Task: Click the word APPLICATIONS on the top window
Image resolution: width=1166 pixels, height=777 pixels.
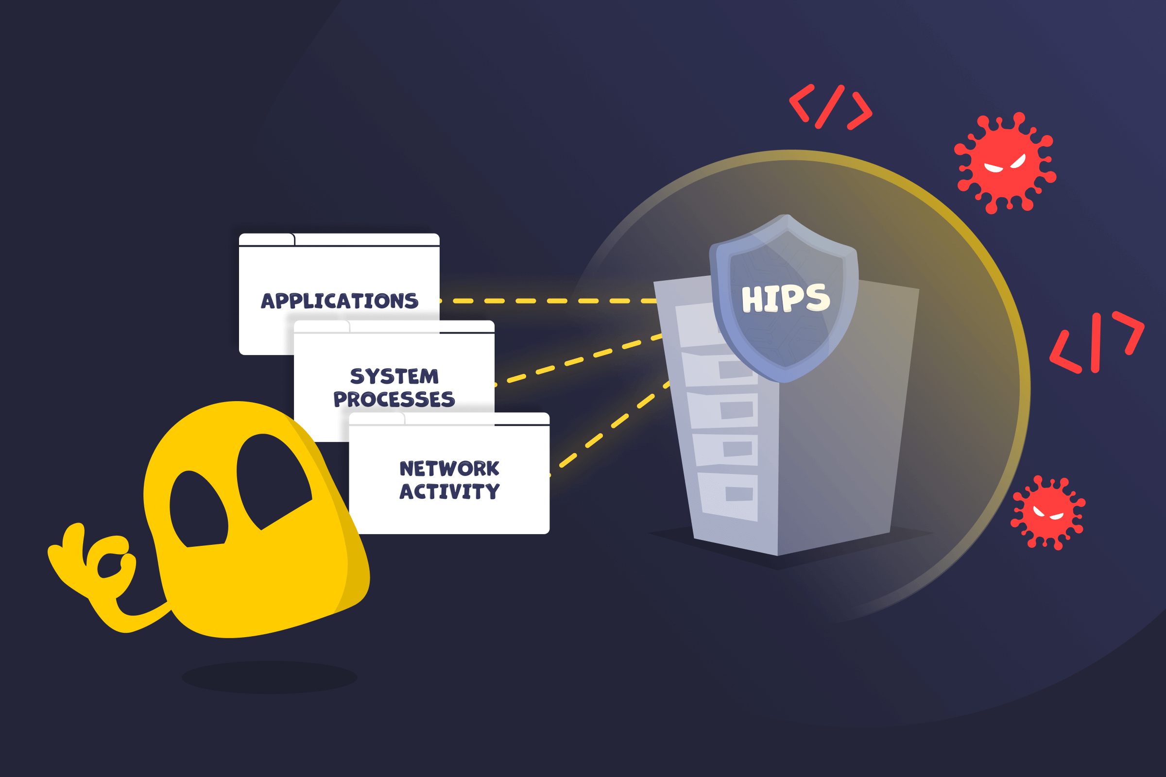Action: coord(340,301)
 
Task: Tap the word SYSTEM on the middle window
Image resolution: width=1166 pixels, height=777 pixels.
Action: coord(394,376)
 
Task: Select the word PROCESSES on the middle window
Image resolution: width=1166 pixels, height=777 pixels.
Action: coord(394,399)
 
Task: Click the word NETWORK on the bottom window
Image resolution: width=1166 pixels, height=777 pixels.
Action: coord(449,468)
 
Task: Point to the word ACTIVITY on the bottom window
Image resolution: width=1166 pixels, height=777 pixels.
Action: coord(449,491)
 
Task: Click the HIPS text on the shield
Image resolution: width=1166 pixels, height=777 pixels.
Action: coord(785,298)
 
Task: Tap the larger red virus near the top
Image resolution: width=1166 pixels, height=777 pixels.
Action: coord(1005,164)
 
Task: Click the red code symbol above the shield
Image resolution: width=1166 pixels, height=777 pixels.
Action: coord(830,106)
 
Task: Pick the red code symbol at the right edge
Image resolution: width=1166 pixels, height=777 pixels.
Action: coord(1097,342)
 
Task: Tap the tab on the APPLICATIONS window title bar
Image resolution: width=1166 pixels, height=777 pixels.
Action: coord(267,239)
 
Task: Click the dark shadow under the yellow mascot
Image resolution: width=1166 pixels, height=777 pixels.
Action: coord(269,677)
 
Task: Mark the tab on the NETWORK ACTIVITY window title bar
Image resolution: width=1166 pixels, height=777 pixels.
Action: coord(377,419)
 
